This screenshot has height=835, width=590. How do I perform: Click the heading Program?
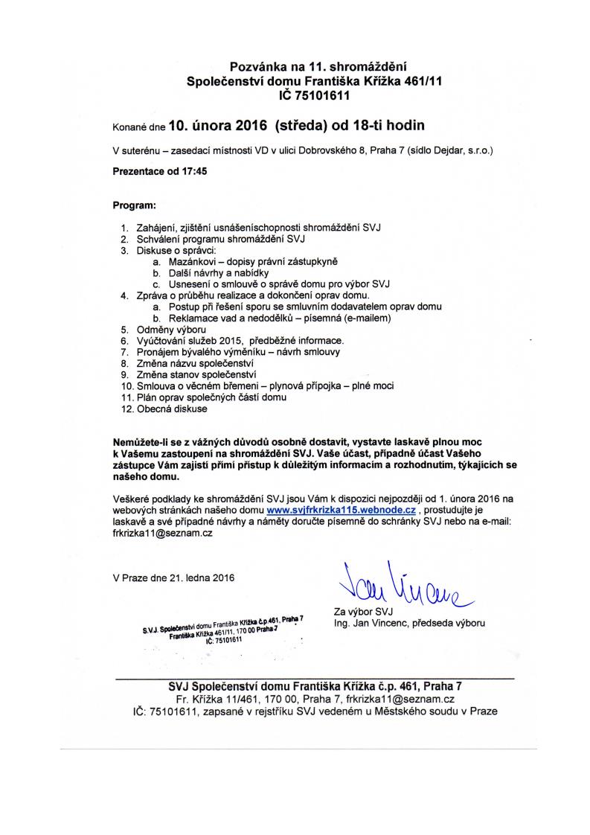(x=135, y=204)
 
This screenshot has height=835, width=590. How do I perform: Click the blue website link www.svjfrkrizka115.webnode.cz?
(x=340, y=511)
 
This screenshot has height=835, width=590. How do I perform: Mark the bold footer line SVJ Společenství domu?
(x=315, y=686)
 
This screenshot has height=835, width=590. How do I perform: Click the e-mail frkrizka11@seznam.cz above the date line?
(x=158, y=534)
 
